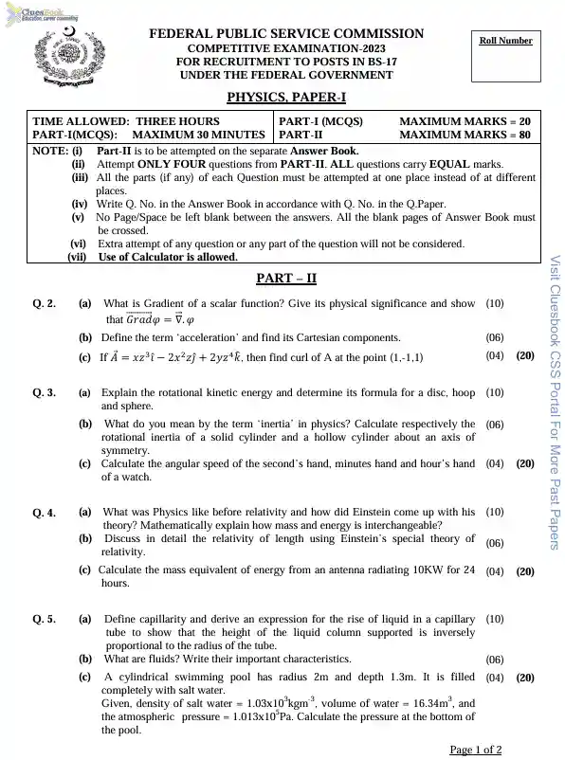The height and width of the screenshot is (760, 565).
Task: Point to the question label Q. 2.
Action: click(x=45, y=304)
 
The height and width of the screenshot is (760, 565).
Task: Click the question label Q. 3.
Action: click(x=45, y=391)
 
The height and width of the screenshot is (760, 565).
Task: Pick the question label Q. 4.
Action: click(x=45, y=513)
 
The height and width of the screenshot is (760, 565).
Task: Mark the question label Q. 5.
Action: click(x=45, y=619)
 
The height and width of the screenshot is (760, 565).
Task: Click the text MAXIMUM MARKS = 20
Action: click(x=465, y=121)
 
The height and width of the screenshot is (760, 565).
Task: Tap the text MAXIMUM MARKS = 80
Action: click(x=465, y=135)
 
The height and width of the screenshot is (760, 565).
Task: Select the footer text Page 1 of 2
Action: click(x=476, y=750)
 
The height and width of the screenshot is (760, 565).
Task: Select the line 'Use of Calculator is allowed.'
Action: click(x=168, y=257)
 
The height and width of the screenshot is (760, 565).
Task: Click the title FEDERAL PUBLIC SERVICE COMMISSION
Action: click(x=286, y=34)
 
